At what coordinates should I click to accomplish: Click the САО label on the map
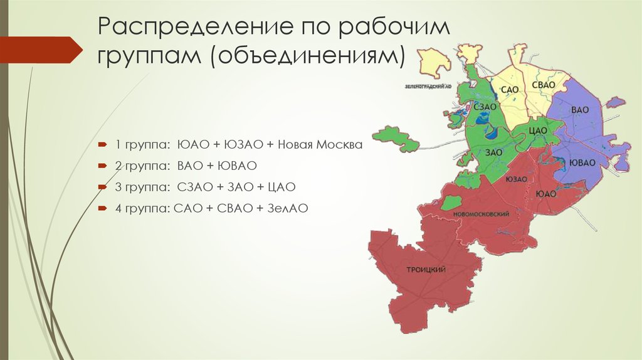[x=509, y=90]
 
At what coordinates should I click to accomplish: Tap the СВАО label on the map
[x=542, y=85]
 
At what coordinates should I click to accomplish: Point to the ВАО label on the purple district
[x=580, y=110]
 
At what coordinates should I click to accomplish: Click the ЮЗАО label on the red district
[x=515, y=179]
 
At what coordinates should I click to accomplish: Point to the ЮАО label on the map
[x=546, y=194]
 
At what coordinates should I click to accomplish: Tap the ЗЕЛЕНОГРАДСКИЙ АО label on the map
[x=428, y=83]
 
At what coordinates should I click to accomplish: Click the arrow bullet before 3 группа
[x=102, y=187]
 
